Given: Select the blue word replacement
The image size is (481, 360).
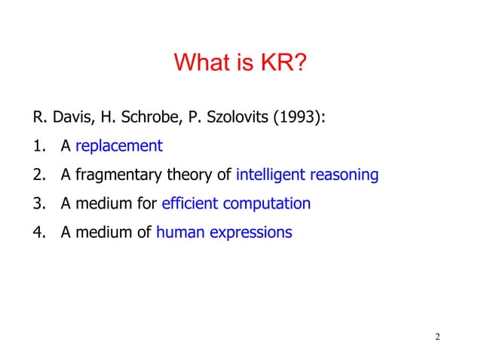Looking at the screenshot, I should coord(119,147).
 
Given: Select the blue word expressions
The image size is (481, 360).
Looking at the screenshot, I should coord(248,233).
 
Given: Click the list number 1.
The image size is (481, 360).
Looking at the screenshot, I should coord(37,147).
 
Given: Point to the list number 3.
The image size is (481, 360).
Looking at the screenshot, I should coord(37,204).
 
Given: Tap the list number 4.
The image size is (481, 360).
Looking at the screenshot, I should coord(37,233).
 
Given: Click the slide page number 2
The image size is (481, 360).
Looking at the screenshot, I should coord(437,336).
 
